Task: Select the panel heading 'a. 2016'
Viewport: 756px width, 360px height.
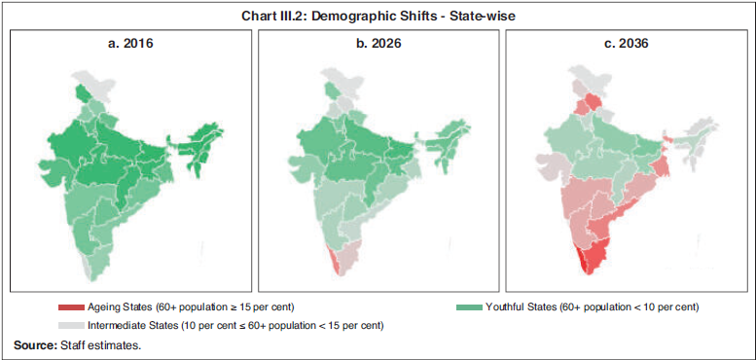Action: tap(130, 44)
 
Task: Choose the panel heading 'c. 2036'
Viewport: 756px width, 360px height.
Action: tap(624, 44)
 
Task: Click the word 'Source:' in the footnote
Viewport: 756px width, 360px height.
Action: tap(35, 344)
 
